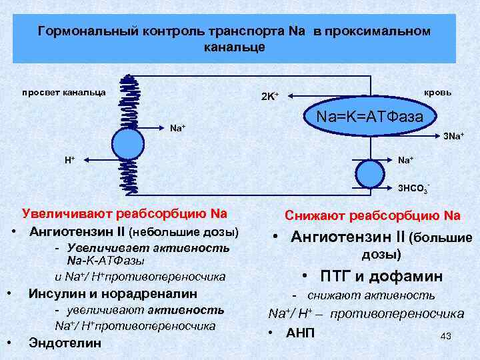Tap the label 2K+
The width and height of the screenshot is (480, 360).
269,97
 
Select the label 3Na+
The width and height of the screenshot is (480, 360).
453,137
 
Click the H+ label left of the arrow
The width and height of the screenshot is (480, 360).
69,161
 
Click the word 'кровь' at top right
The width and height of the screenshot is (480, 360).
437,92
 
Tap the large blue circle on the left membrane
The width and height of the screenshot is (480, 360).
127,142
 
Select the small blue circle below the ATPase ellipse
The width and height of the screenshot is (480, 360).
371,174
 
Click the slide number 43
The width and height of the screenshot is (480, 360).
446,336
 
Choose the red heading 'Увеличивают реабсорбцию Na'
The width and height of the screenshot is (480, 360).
125,214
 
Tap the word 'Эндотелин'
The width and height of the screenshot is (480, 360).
65,343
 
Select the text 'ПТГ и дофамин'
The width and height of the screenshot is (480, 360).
381,276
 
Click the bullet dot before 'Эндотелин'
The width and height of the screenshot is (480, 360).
11,343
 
